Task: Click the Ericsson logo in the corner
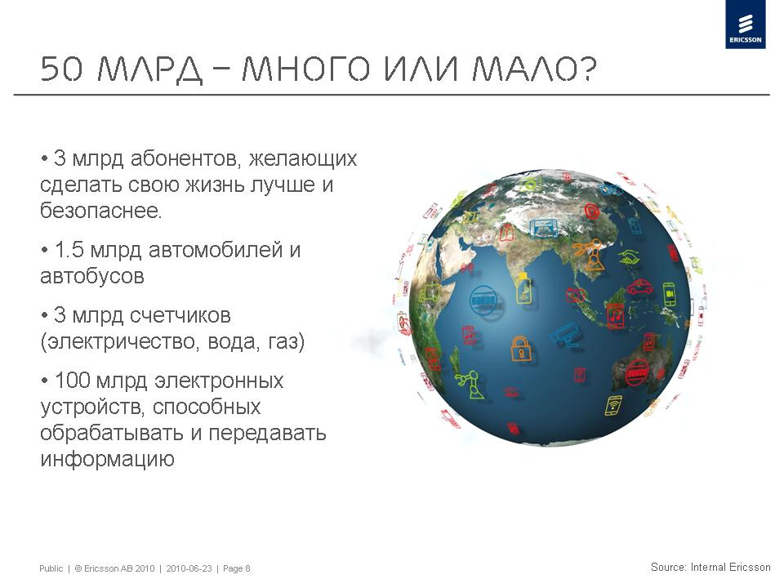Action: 745,25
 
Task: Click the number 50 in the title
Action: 61,69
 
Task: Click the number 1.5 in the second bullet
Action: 69,250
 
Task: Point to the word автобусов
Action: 92,276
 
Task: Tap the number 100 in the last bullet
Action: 72,381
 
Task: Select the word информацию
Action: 107,459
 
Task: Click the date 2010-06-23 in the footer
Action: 189,568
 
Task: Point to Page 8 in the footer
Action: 237,568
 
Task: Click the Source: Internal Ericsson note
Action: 710,567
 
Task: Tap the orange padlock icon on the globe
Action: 520,349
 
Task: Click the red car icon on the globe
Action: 639,287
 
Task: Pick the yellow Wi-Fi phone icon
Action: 613,405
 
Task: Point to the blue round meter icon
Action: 483,300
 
